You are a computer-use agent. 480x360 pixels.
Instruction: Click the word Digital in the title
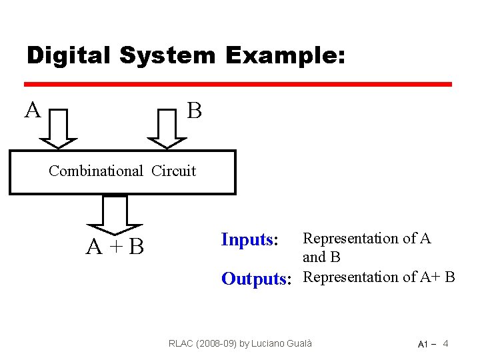tap(69, 55)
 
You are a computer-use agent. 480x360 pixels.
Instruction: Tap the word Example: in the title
tap(285, 55)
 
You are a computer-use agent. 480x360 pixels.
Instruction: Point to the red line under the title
tap(237, 85)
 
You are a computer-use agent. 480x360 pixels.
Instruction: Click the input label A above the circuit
tap(31, 109)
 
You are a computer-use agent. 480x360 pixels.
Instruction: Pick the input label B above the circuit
tap(194, 110)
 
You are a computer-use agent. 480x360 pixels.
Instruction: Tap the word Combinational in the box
tap(95, 171)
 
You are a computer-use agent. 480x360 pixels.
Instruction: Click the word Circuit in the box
tap(173, 171)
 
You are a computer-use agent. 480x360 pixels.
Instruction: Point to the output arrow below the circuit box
tap(115, 213)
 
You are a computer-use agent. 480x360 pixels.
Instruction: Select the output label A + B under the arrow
tap(115, 247)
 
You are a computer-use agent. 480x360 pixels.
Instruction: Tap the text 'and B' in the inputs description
tap(321, 257)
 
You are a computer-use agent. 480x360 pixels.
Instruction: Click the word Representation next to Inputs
tap(351, 238)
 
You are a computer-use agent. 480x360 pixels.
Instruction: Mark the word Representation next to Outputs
tap(351, 277)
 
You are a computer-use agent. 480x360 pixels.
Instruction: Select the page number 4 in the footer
tap(445, 343)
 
